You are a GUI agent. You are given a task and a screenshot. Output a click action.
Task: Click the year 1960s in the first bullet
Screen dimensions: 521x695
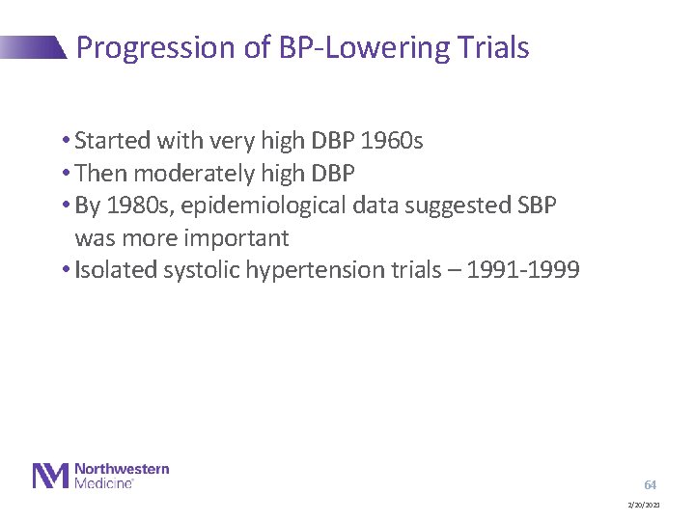coord(391,141)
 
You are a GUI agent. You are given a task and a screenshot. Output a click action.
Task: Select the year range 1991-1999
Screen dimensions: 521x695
coord(522,269)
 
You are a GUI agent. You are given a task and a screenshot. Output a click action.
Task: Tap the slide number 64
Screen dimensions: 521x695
coord(650,484)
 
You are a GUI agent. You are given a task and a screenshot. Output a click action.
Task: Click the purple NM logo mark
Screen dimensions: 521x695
coord(51,476)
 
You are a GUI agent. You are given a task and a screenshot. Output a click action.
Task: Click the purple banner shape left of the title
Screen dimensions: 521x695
coord(33,47)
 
